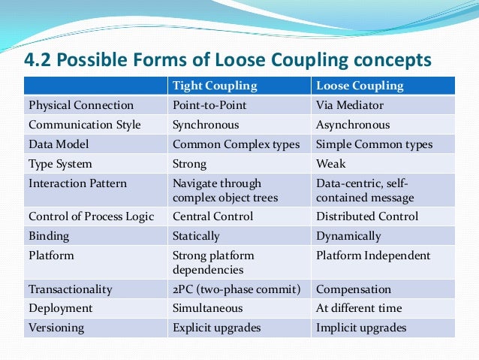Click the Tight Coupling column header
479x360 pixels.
(215, 86)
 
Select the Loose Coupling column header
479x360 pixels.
(361, 86)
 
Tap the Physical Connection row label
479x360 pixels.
(80, 105)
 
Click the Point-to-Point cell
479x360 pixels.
(209, 105)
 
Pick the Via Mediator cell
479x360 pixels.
(351, 105)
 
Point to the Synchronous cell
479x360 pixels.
(206, 125)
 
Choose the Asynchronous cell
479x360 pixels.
(353, 125)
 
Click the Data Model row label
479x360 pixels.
(59, 144)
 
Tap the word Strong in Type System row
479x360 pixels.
(190, 164)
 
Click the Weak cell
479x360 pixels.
(331, 164)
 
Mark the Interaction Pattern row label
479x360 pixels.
(77, 183)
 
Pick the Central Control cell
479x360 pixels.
(212, 216)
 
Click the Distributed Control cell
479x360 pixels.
(366, 216)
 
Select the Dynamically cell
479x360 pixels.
(348, 236)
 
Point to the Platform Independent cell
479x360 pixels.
(373, 256)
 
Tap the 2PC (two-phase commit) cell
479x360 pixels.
(236, 289)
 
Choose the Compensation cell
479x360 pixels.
(354, 289)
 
